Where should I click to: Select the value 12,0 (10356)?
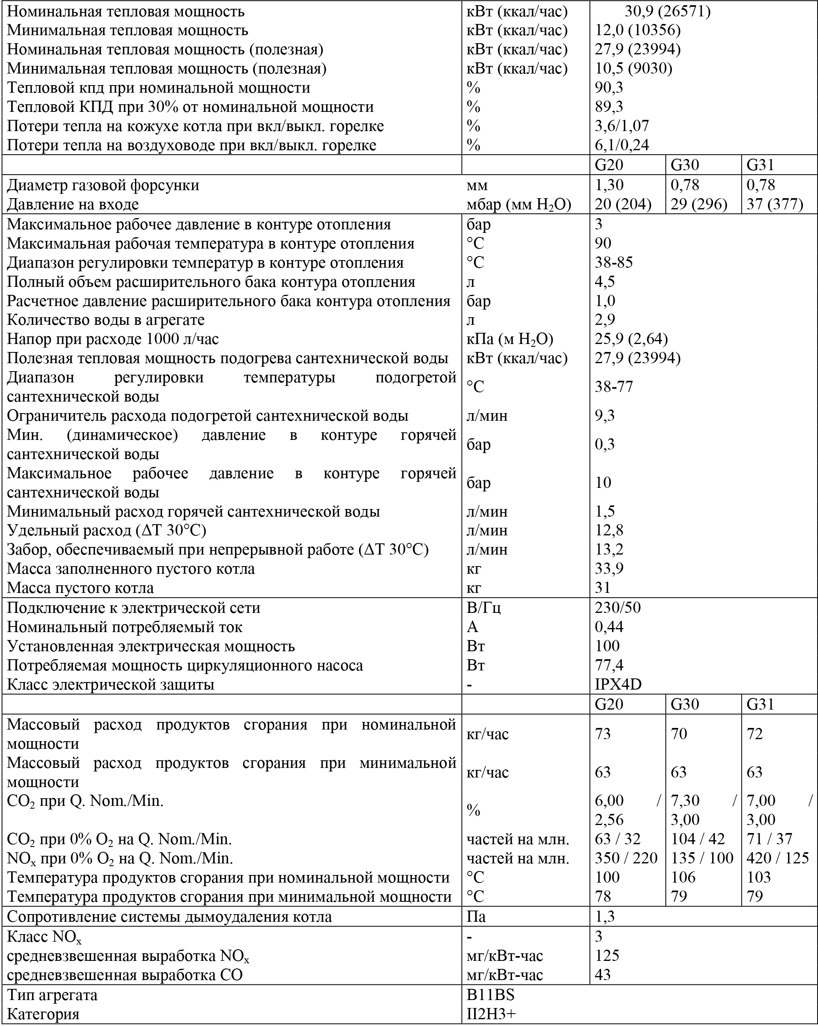(637, 30)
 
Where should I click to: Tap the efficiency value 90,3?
(609, 87)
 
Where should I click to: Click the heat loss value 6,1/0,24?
(621, 145)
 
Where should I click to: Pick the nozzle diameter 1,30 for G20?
(609, 185)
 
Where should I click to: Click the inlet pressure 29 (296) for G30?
(699, 204)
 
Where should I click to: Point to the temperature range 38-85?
(613, 262)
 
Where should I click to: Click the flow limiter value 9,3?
(604, 416)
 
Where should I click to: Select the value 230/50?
(617, 608)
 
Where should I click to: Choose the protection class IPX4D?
(617, 684)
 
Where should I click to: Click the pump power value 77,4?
(609, 665)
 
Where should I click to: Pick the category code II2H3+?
(491, 1014)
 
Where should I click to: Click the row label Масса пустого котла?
(80, 588)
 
